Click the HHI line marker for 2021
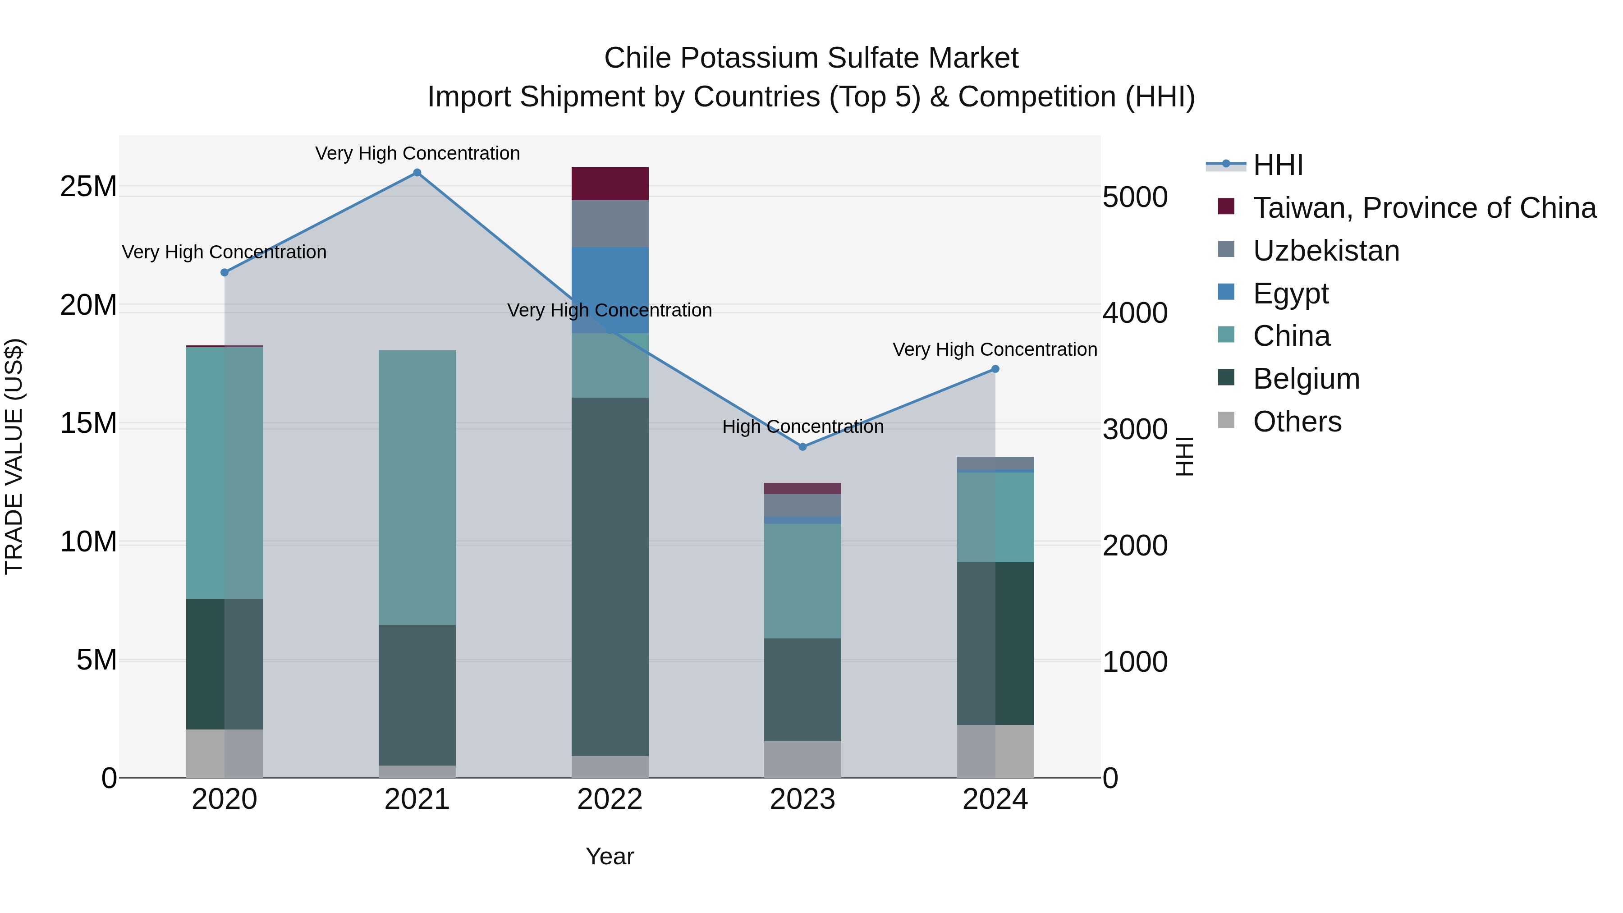(x=417, y=173)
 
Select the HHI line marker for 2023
(x=802, y=447)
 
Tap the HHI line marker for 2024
(x=995, y=369)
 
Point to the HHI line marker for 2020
(x=225, y=272)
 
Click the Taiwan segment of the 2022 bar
(x=610, y=184)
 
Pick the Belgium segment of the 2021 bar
(x=417, y=694)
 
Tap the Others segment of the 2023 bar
(x=802, y=759)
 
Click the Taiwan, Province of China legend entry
(x=1424, y=208)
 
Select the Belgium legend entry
(x=1306, y=379)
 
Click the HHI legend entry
(x=1277, y=165)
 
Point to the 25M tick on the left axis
(x=89, y=187)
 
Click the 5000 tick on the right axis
(x=1135, y=197)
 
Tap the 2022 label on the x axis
(x=610, y=799)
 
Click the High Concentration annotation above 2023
(x=802, y=427)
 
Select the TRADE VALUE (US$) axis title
(x=14, y=456)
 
